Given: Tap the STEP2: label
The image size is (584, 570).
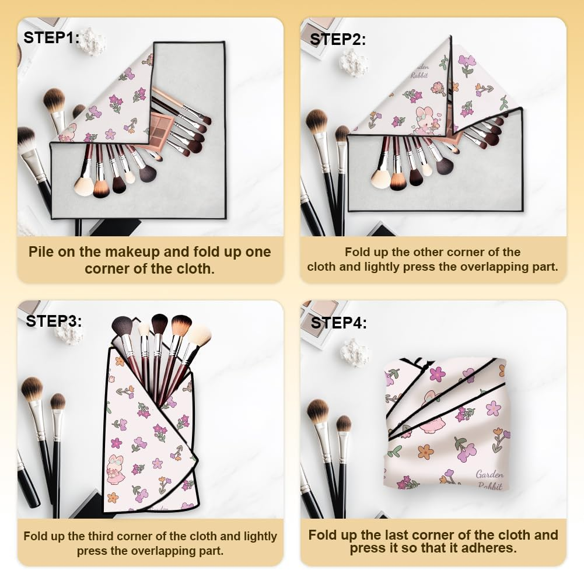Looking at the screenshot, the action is (338, 39).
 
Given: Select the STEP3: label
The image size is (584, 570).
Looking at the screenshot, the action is (54, 320).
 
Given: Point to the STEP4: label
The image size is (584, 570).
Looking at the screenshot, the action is (339, 322).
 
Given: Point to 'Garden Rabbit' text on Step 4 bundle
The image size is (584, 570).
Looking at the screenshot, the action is (489, 479).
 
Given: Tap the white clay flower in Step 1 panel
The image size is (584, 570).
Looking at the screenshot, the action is (93, 43).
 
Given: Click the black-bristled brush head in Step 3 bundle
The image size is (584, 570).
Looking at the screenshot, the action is (160, 323).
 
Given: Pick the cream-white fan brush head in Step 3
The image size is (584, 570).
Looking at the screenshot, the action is (200, 335).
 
